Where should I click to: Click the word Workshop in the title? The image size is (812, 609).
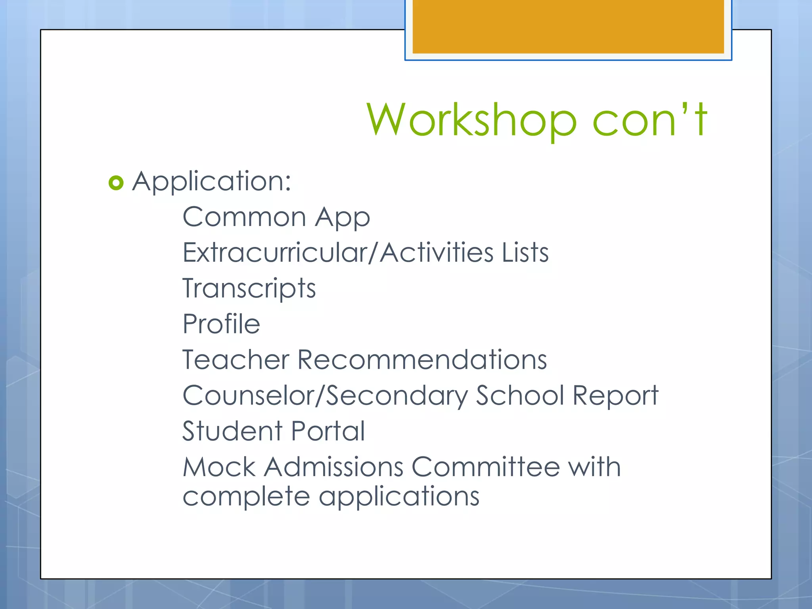pos(471,120)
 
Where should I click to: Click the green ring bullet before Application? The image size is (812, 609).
pos(116,183)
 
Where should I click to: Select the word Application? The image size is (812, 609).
pos(212,182)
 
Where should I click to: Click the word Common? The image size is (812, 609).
pos(244,217)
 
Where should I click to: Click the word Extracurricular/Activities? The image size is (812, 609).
pos(337,253)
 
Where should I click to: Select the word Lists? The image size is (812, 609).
pos(525,253)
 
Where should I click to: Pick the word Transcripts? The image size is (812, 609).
pos(249,289)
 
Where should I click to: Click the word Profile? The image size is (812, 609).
pos(221,324)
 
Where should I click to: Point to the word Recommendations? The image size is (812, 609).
pos(422,360)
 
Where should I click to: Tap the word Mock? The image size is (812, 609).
pos(219,467)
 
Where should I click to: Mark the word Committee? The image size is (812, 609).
pos(485,467)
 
